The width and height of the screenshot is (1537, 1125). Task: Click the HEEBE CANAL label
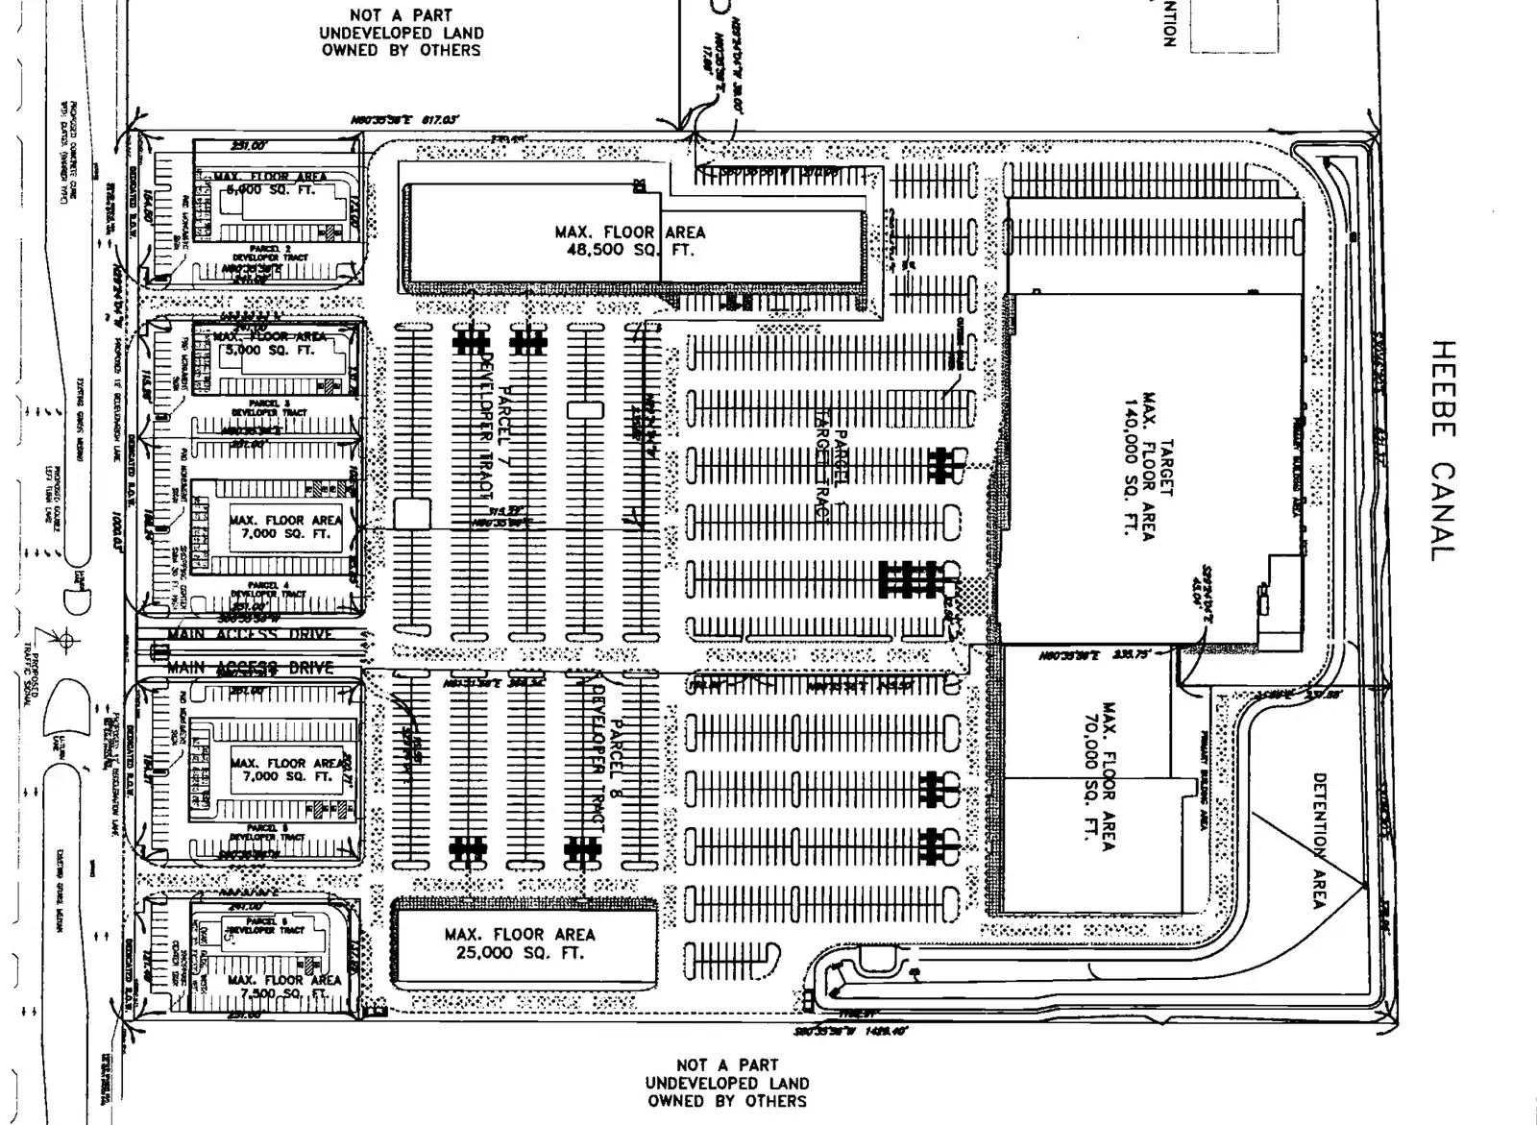click(1444, 452)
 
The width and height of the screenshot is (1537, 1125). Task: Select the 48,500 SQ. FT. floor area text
click(629, 250)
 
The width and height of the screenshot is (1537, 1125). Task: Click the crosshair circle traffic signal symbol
click(66, 639)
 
